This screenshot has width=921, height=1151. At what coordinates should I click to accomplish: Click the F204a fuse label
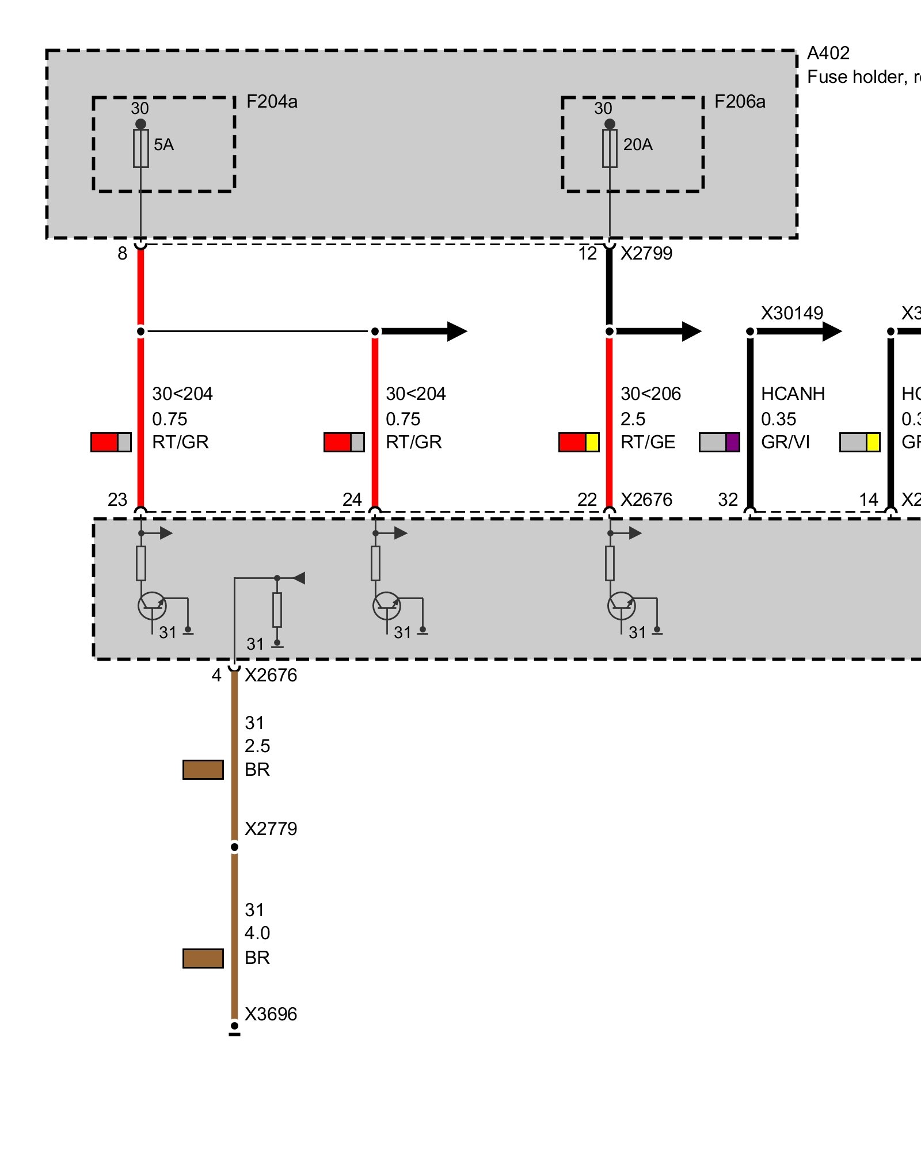pos(272,102)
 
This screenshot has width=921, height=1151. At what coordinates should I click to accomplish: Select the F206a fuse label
pos(740,102)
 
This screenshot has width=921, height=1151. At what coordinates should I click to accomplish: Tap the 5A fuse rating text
pos(163,144)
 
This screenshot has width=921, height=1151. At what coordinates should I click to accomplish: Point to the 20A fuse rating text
pos(638,144)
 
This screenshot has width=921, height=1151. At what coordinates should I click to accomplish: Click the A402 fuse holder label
pos(828,54)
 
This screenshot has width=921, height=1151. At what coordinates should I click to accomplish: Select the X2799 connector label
pos(646,253)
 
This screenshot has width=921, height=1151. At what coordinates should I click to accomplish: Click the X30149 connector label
pos(792,313)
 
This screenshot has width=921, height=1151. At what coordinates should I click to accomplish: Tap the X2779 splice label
pos(271,829)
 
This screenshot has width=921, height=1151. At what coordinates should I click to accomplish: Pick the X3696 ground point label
pos(271,1014)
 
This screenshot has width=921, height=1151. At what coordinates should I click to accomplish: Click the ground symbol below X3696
pos(234,1033)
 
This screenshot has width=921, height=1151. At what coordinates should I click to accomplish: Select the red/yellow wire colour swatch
pos(579,442)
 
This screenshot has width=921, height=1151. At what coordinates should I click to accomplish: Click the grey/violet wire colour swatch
pos(720,442)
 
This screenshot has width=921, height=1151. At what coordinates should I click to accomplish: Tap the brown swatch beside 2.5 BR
pos(203,769)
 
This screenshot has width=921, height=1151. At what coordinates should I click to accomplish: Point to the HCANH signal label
pos(793,394)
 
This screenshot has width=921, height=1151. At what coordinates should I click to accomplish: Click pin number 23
pos(117,500)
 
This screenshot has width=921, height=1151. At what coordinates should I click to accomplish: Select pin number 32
pos(728,500)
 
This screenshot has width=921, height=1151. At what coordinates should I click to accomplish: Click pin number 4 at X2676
pos(216,675)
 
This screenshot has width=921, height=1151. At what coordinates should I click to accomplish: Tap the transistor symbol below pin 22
pos(622,606)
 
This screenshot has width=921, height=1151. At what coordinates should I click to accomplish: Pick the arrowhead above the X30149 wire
pos(832,331)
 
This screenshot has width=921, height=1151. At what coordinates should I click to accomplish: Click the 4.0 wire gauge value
pos(257,933)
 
